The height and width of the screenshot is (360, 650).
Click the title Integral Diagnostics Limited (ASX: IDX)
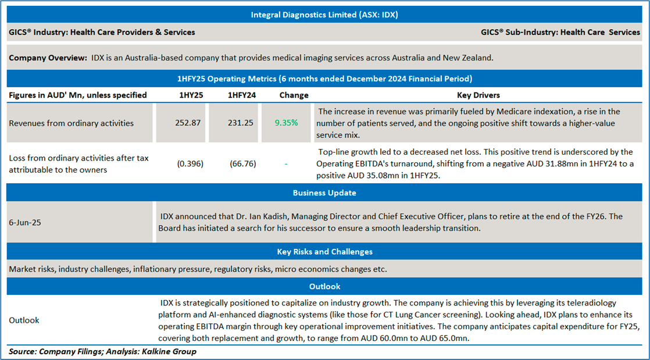pyautogui.click(x=324, y=15)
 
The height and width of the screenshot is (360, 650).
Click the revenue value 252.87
pyautogui.click(x=189, y=123)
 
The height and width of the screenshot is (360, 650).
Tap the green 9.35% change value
pyautogui.click(x=286, y=123)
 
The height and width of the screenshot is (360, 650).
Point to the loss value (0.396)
pyautogui.click(x=190, y=164)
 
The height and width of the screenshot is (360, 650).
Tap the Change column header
pyautogui.click(x=294, y=95)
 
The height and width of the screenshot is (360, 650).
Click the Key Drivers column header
pyautogui.click(x=478, y=95)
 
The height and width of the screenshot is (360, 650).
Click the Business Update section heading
pyautogui.click(x=324, y=193)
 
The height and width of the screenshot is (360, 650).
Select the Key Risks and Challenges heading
pyautogui.click(x=324, y=252)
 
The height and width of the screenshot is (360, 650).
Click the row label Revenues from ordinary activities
pyautogui.click(x=72, y=123)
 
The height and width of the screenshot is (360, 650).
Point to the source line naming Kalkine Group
pyautogui.click(x=102, y=351)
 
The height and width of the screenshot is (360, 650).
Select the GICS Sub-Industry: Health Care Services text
pyautogui.click(x=560, y=33)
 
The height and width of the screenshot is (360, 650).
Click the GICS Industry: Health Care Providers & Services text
pyautogui.click(x=102, y=33)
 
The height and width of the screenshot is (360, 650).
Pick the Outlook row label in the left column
pyautogui.click(x=24, y=320)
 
